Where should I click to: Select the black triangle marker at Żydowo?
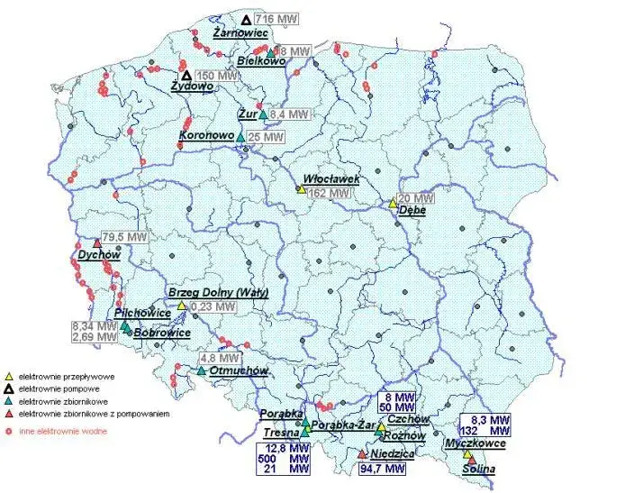[x=187, y=76]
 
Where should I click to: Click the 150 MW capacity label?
[x=217, y=76]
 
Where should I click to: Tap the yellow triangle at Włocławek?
[x=300, y=189]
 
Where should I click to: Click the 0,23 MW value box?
[x=213, y=306]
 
